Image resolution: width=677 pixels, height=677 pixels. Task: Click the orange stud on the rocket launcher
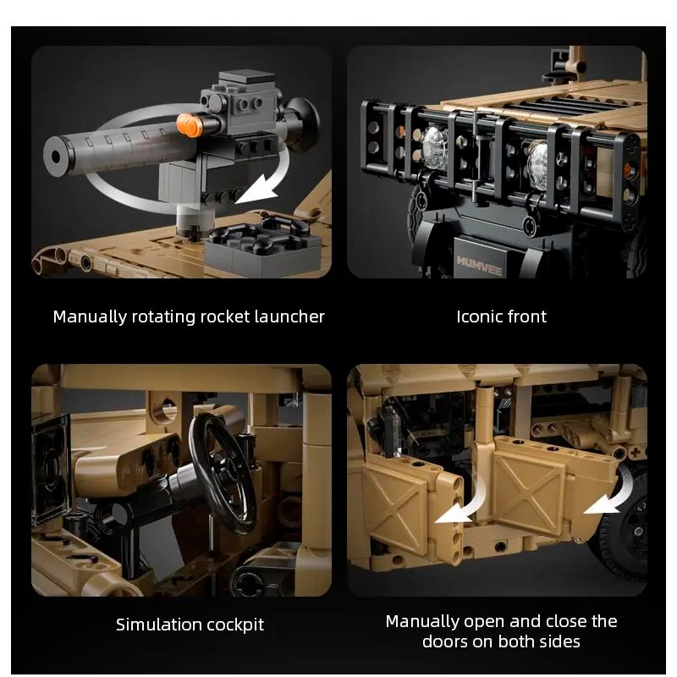tap(190, 124)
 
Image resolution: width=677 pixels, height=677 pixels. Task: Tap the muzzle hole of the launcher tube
tap(56, 157)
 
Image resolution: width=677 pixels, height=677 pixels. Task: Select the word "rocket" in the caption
tap(225, 316)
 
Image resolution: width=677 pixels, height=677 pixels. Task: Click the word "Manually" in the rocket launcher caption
tap(90, 317)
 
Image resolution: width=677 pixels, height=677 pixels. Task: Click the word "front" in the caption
tap(527, 316)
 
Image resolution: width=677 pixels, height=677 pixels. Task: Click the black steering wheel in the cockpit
tap(222, 473)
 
